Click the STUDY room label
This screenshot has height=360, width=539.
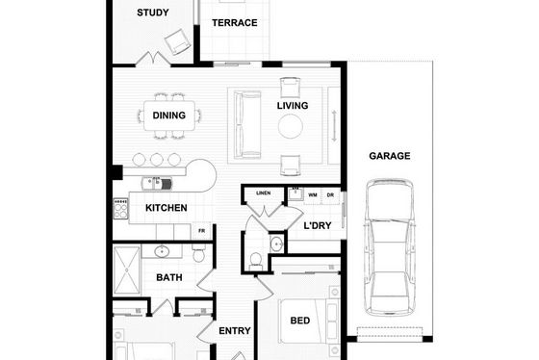point(153,13)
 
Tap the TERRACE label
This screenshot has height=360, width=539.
point(235,23)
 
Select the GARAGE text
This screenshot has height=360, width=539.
point(390,156)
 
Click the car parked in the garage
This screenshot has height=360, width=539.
point(390,246)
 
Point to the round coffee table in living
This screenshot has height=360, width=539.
point(291,126)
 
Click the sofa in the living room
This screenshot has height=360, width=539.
point(247,125)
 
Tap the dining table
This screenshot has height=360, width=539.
point(169,116)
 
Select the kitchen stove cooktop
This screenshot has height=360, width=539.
point(120,208)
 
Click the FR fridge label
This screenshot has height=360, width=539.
point(202,231)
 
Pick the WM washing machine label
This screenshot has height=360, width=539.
point(313,195)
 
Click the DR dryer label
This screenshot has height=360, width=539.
point(330,195)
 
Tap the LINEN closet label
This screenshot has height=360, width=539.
point(264,193)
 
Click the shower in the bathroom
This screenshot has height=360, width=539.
point(127,270)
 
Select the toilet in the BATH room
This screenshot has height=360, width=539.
point(198,253)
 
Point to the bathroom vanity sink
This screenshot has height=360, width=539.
point(161,251)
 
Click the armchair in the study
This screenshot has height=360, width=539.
point(177,42)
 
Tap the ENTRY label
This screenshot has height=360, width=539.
point(235,331)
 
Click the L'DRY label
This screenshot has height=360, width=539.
point(318,225)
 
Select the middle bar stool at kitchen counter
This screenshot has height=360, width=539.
point(156,160)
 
